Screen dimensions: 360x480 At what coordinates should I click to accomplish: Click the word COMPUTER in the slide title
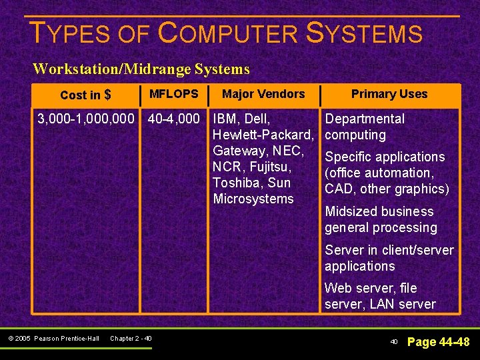(227, 33)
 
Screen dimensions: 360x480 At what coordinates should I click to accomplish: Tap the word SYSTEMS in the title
(364, 33)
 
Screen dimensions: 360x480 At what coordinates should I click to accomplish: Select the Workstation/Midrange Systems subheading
(141, 69)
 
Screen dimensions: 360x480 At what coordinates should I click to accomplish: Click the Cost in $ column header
(85, 95)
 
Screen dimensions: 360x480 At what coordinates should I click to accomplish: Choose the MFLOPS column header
(173, 94)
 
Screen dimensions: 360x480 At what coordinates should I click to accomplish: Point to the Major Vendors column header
(263, 94)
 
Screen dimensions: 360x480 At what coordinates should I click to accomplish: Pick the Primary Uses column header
(389, 94)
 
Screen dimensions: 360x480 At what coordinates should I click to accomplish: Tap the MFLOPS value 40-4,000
(173, 119)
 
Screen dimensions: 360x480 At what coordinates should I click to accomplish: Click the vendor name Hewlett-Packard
(262, 135)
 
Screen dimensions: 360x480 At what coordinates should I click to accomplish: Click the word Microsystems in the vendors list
(253, 199)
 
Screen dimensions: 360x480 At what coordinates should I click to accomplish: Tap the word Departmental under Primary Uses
(365, 119)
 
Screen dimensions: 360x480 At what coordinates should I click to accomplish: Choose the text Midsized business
(379, 211)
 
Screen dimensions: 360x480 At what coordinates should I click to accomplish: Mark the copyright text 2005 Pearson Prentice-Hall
(66, 339)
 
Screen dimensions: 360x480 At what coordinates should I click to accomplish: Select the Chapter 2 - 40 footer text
(131, 339)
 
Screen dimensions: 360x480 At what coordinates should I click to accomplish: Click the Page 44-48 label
(438, 342)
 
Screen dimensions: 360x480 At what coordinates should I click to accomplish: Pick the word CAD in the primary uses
(338, 189)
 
